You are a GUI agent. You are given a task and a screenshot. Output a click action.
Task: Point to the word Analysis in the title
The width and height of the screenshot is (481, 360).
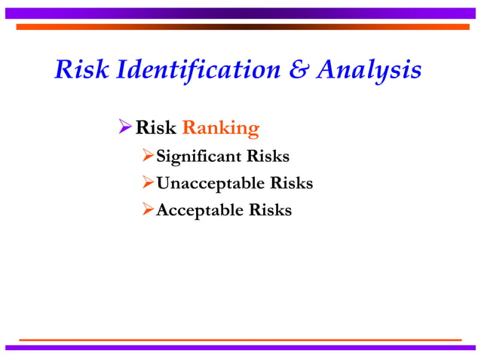point(369,72)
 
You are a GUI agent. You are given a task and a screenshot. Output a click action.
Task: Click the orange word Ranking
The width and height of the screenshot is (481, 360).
point(221,128)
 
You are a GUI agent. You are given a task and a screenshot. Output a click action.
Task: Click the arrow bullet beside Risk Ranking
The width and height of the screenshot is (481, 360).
point(126,128)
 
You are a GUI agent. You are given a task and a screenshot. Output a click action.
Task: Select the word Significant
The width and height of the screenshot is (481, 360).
point(195,157)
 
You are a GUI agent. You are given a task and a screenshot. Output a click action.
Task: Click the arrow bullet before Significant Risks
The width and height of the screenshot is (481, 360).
point(148,157)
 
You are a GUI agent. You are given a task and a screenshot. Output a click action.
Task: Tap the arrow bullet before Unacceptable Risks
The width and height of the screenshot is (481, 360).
point(148,183)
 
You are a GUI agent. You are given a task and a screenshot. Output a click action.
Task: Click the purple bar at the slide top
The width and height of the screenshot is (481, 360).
point(240,13)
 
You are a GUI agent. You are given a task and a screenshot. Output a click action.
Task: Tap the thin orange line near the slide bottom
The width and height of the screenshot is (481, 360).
point(240,340)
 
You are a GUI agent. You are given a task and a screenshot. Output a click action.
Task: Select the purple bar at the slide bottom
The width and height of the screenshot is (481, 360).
point(240,347)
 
